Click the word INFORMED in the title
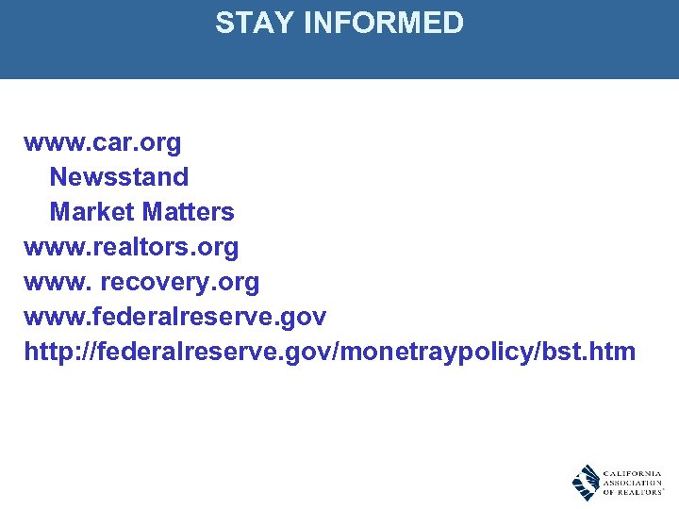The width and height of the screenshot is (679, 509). [x=384, y=23]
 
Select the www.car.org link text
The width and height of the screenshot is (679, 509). [x=103, y=143]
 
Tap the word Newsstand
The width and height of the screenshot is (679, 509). [x=119, y=177]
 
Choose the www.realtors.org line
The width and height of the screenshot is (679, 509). [x=131, y=247]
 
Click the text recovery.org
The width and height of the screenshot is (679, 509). [x=179, y=282]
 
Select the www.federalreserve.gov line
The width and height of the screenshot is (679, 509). [x=174, y=317]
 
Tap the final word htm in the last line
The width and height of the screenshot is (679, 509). [x=614, y=352]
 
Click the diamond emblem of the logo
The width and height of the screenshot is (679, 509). [x=586, y=482]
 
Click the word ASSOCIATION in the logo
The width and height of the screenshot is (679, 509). [x=632, y=482]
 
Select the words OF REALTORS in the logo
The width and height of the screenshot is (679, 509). [x=632, y=492]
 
